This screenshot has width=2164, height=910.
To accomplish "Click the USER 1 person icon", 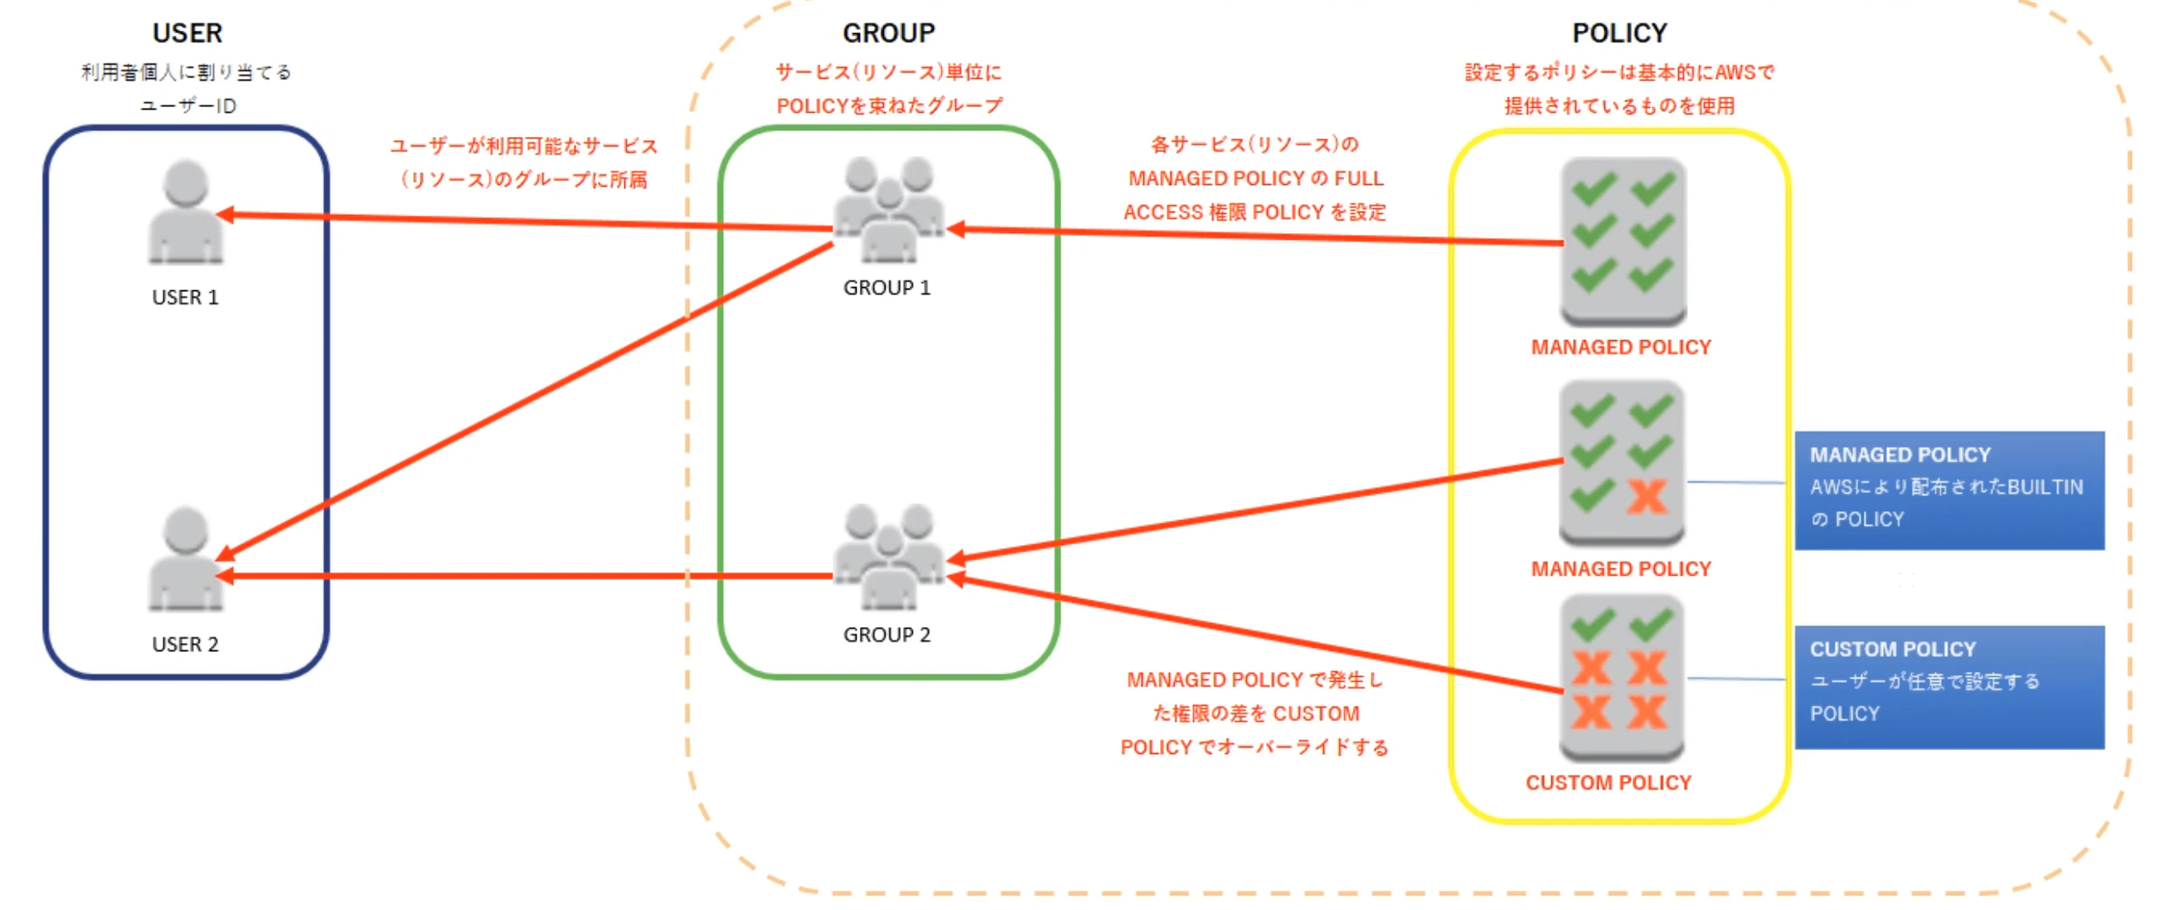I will pos(186,212).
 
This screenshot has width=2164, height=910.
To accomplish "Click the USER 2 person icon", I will pos(186,559).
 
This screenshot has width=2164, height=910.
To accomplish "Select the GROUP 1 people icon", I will pos(888,210).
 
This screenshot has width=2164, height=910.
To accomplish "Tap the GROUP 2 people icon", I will pos(888,557).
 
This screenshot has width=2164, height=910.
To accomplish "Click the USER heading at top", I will pos(187,33).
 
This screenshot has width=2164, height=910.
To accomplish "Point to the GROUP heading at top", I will pos(888,33).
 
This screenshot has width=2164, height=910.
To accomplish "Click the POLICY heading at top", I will pos(1618,33).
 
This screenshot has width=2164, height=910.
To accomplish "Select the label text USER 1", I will pos(185,298).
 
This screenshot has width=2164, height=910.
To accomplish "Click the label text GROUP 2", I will pos(887,635).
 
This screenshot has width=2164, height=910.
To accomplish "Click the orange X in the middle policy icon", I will pos(1647,497).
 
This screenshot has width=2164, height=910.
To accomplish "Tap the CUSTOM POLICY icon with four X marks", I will pos(1621,677).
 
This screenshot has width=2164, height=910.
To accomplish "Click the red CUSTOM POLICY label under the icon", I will pos(1608,783).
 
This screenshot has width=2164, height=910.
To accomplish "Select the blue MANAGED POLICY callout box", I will pos(1949,491).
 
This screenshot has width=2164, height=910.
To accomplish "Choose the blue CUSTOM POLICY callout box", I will pos(1949,687).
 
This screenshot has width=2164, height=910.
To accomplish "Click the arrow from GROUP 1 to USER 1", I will pos(521,221).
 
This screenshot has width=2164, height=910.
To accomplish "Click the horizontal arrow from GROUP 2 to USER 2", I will pos(521,577).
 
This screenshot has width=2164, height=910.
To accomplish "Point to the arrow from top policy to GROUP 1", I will pos(1260,236).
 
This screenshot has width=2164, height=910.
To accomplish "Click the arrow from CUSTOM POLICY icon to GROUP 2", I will pos(1260,635).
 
